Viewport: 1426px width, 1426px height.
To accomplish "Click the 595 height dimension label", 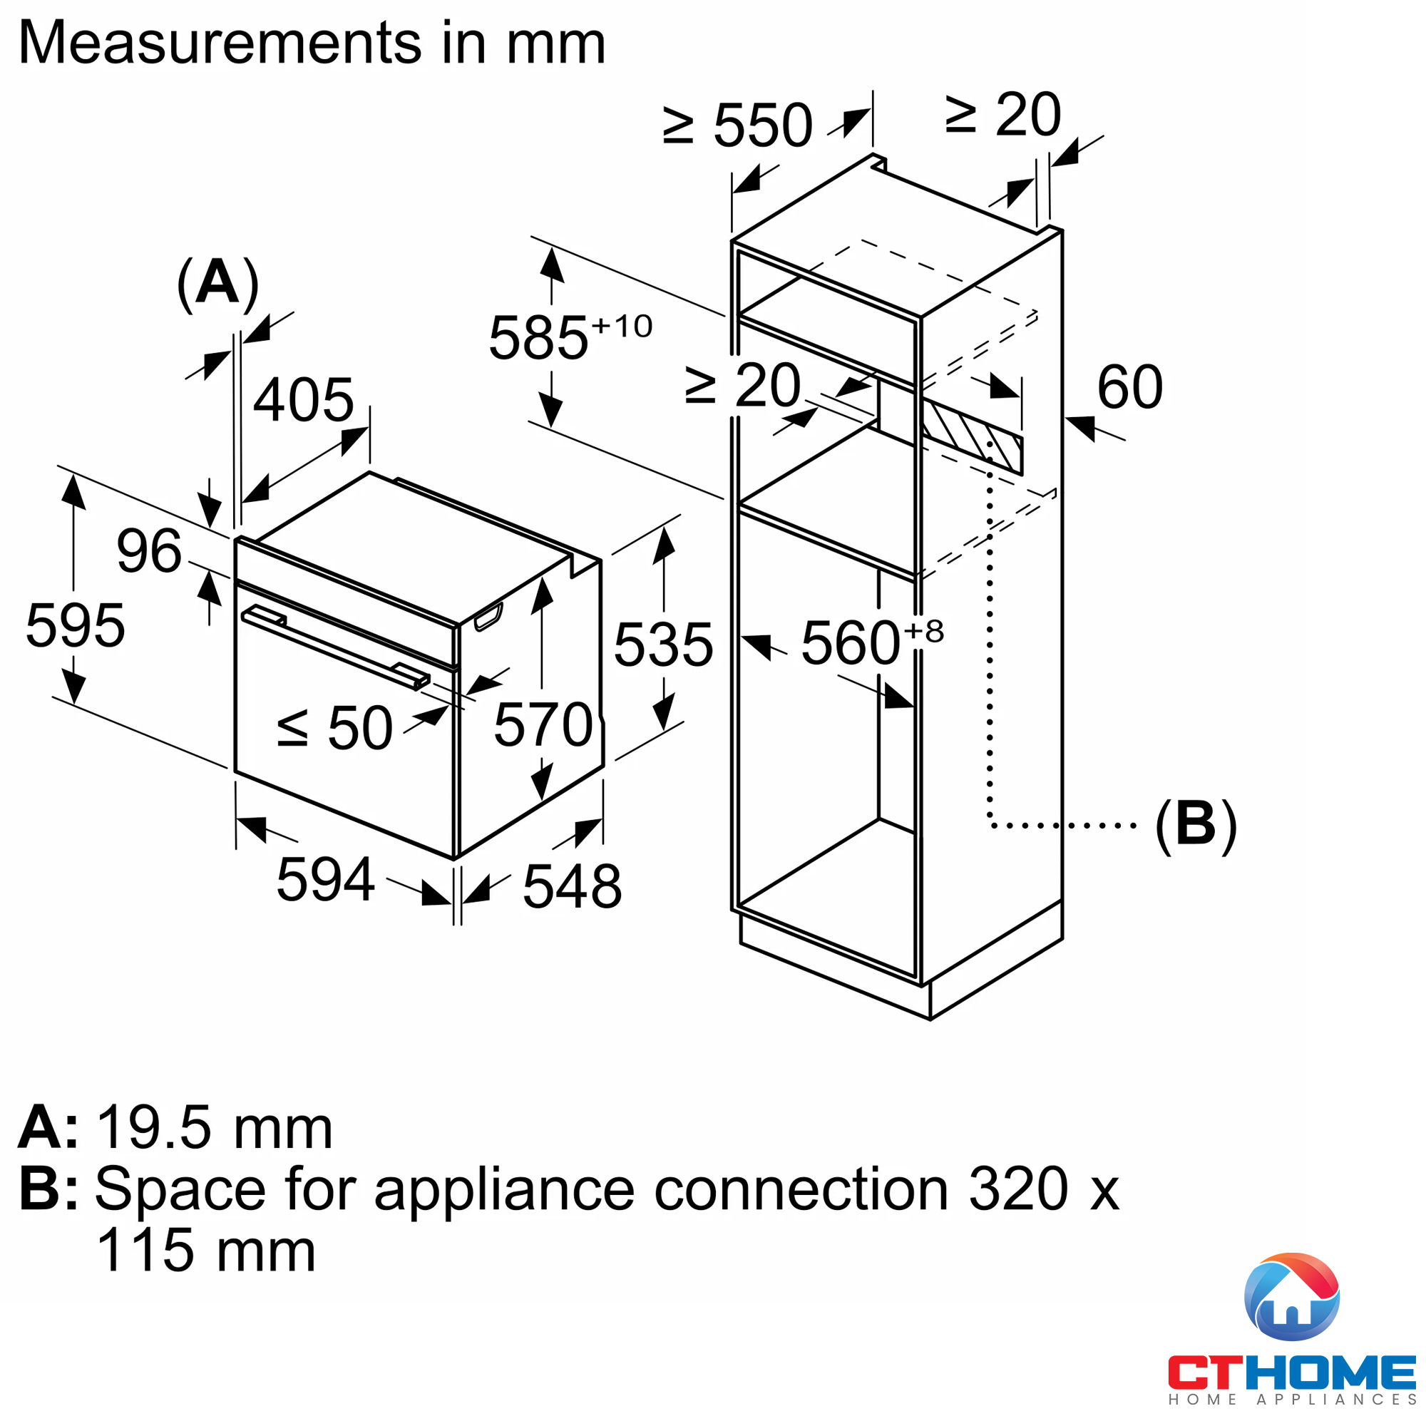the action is click(x=76, y=626).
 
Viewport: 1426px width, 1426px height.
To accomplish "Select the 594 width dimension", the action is click(x=326, y=880).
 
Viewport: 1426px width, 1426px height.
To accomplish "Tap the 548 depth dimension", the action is click(x=572, y=886).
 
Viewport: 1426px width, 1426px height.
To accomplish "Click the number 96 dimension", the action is click(x=149, y=550).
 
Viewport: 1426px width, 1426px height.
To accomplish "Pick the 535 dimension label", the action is click(x=664, y=645).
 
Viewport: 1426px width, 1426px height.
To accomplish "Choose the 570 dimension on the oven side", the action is click(x=544, y=725).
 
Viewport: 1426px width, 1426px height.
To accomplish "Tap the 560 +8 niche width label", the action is click(x=872, y=642).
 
